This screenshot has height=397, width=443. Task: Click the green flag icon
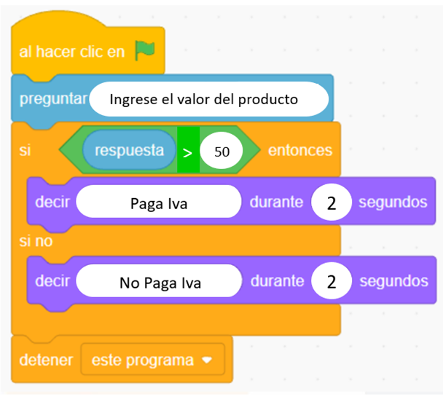click(145, 50)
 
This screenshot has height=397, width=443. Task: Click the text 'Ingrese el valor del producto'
click(204, 99)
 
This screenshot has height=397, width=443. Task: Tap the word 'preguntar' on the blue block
click(53, 99)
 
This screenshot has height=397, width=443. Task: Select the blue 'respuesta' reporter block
click(130, 150)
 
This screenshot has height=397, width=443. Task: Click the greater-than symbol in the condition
click(187, 153)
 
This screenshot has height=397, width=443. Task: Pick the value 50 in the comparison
click(221, 152)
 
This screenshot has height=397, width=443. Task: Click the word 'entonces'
click(300, 150)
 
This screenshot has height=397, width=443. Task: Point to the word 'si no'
click(36, 241)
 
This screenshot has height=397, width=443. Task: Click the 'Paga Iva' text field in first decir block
click(159, 202)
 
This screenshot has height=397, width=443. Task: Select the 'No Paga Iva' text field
click(159, 281)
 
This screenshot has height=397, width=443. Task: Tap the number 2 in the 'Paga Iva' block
click(332, 203)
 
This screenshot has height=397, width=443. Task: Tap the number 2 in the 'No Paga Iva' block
click(332, 281)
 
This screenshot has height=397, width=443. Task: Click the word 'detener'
click(46, 361)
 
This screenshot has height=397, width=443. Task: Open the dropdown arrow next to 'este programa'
click(207, 360)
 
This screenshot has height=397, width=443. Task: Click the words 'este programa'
click(143, 361)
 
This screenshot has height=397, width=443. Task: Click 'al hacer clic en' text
click(71, 52)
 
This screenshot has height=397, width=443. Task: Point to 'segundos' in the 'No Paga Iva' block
click(394, 281)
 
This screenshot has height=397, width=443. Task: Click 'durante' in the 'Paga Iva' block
click(276, 203)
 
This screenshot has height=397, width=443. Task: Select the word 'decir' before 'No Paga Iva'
click(52, 281)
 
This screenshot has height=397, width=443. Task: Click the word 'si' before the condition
click(25, 151)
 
